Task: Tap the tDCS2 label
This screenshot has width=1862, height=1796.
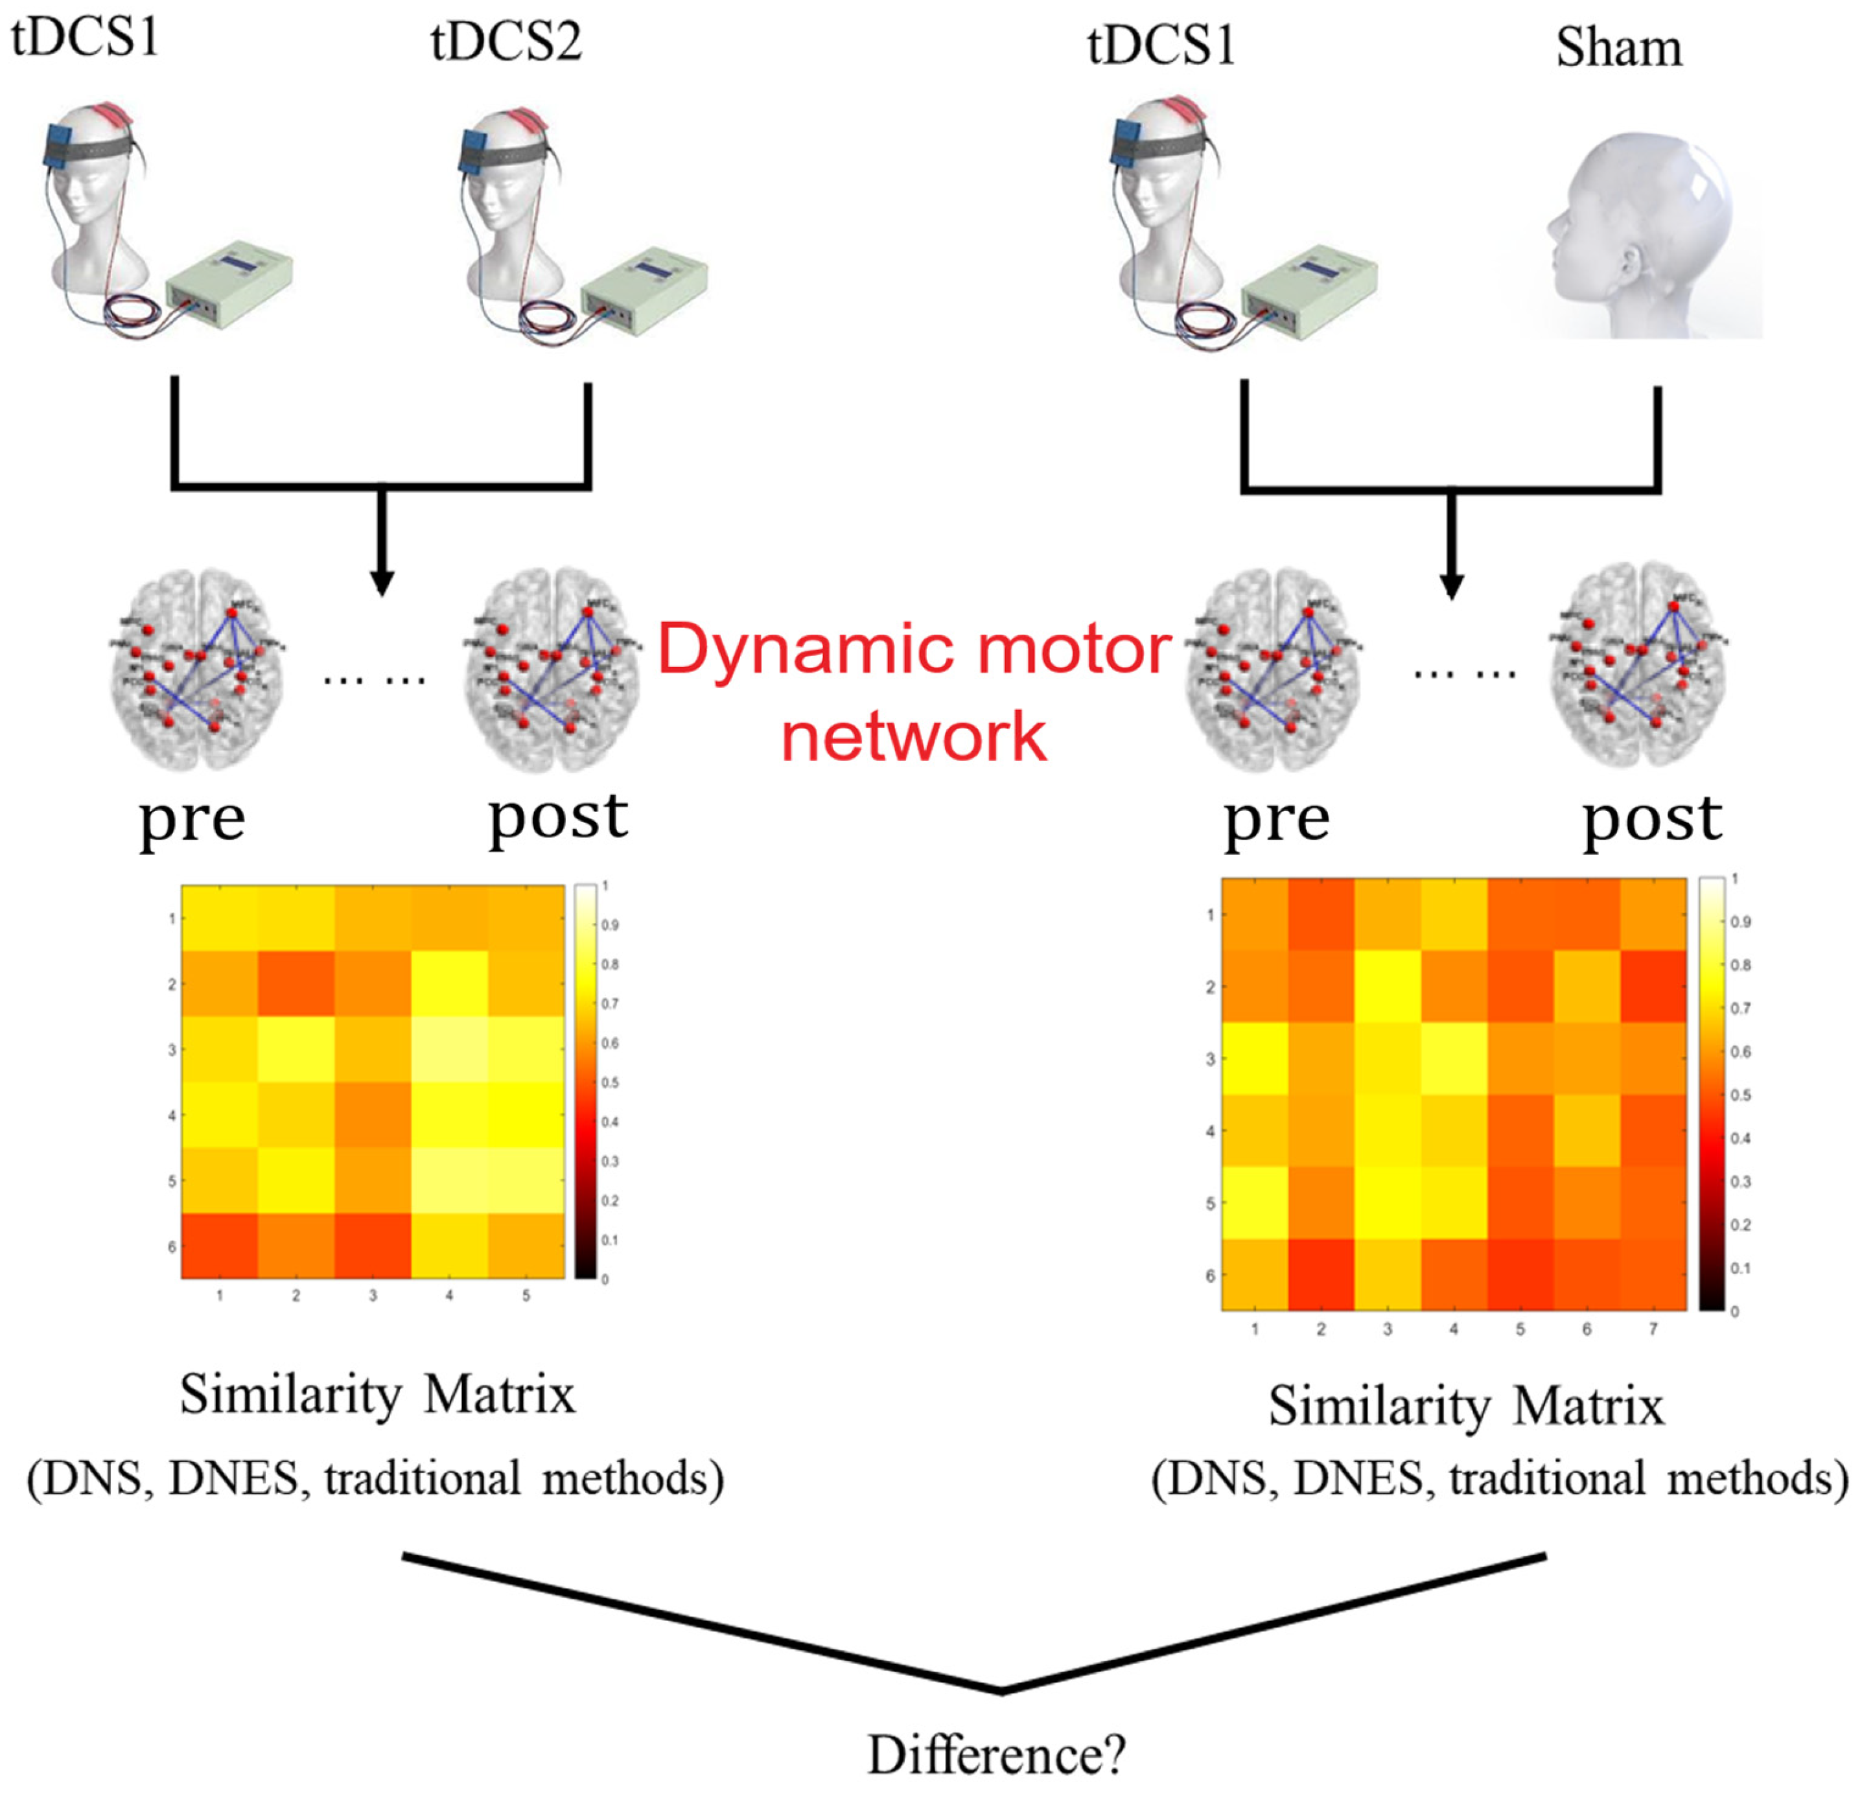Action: coord(506,43)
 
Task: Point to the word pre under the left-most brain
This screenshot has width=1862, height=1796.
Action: coord(192,819)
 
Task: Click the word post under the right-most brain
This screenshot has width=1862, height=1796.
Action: coord(1651,819)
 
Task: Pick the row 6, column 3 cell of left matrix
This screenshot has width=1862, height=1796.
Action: coord(373,1246)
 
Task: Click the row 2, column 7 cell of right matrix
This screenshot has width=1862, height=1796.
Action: coord(1653,987)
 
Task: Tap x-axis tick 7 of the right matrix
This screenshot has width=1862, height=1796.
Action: coord(1653,1329)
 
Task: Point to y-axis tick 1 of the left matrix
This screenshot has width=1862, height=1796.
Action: coord(172,919)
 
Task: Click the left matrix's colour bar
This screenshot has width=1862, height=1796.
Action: coord(585,1081)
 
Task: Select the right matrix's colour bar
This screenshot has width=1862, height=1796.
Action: coord(1711,1094)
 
